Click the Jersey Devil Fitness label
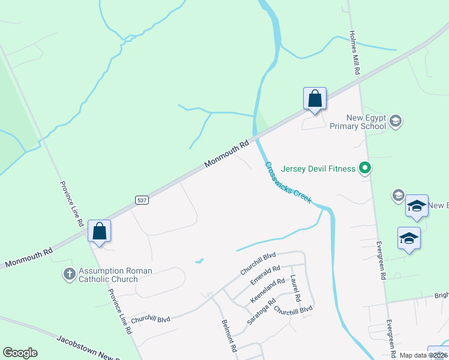[x=318, y=169]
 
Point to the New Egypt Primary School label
[x=358, y=122]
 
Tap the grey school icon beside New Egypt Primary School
[x=395, y=122]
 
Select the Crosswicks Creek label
[x=289, y=182]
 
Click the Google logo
[x=20, y=353]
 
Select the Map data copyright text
[x=424, y=355]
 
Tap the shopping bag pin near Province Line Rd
[x=99, y=232]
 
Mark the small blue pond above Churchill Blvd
[x=199, y=261]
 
